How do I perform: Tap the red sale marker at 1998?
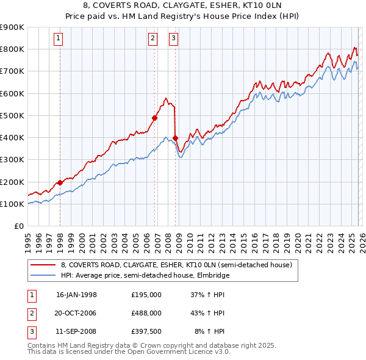point(60,182)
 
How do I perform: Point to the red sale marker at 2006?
point(154,118)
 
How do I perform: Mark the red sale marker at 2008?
point(175,138)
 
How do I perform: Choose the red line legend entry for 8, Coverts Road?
point(177,265)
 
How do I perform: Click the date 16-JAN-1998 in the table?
point(76,295)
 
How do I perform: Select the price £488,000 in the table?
point(146,313)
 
